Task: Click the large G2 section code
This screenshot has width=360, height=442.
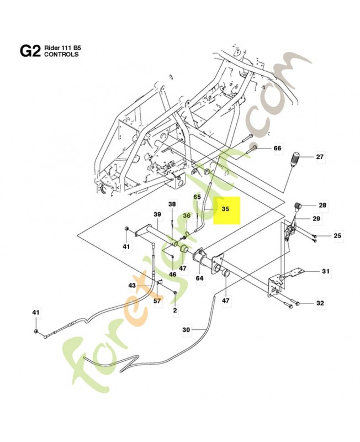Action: [x=30, y=51]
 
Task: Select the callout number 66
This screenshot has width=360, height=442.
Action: [x=277, y=148]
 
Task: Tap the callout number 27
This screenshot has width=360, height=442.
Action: [x=320, y=157]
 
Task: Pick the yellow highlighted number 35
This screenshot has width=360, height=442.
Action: [x=225, y=209]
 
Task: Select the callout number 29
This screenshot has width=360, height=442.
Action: [x=316, y=219]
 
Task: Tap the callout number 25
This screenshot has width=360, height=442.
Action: [x=337, y=236]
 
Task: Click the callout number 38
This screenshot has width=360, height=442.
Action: [x=172, y=204]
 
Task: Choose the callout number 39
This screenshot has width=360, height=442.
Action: [x=157, y=214]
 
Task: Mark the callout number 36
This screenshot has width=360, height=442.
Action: [x=187, y=216]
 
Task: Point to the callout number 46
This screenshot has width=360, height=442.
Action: [x=173, y=274]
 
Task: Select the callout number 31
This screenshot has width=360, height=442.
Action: [x=326, y=271]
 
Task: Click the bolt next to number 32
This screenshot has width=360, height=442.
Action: [x=291, y=303]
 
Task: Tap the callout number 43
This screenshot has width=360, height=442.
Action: [x=132, y=285]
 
